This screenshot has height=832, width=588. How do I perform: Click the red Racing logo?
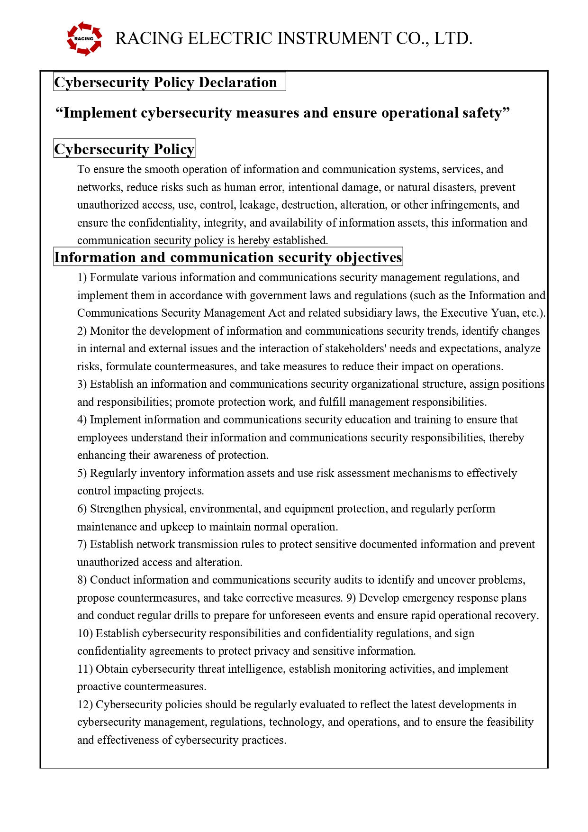click(84, 38)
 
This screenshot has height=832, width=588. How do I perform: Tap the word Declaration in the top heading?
click(237, 82)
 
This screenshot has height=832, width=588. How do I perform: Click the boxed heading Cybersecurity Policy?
click(124, 149)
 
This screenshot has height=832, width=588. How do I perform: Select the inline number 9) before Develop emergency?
click(351, 598)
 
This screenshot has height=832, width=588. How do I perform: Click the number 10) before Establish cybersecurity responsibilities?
click(85, 633)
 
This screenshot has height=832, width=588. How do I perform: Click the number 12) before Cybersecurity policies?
click(85, 704)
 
